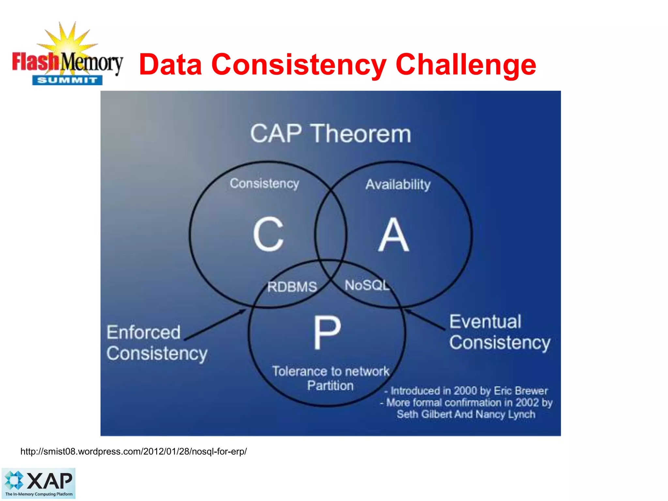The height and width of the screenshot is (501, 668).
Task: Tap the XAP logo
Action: pos(38,483)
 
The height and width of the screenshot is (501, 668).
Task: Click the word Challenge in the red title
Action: pos(466,65)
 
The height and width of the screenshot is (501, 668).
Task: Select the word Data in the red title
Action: pos(170,65)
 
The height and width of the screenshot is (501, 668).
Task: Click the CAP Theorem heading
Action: pos(330,134)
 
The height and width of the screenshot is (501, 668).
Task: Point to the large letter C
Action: pos(268,234)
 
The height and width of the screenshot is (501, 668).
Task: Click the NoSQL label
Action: pos(367,285)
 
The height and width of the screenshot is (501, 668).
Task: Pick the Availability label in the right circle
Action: pos(398,185)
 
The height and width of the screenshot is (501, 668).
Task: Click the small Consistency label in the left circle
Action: pos(264,184)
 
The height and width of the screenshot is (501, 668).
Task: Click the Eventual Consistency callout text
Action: pos(499,332)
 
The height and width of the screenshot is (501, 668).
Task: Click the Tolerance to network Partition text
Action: pos(330,378)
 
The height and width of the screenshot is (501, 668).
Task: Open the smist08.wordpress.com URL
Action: pos(133,451)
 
